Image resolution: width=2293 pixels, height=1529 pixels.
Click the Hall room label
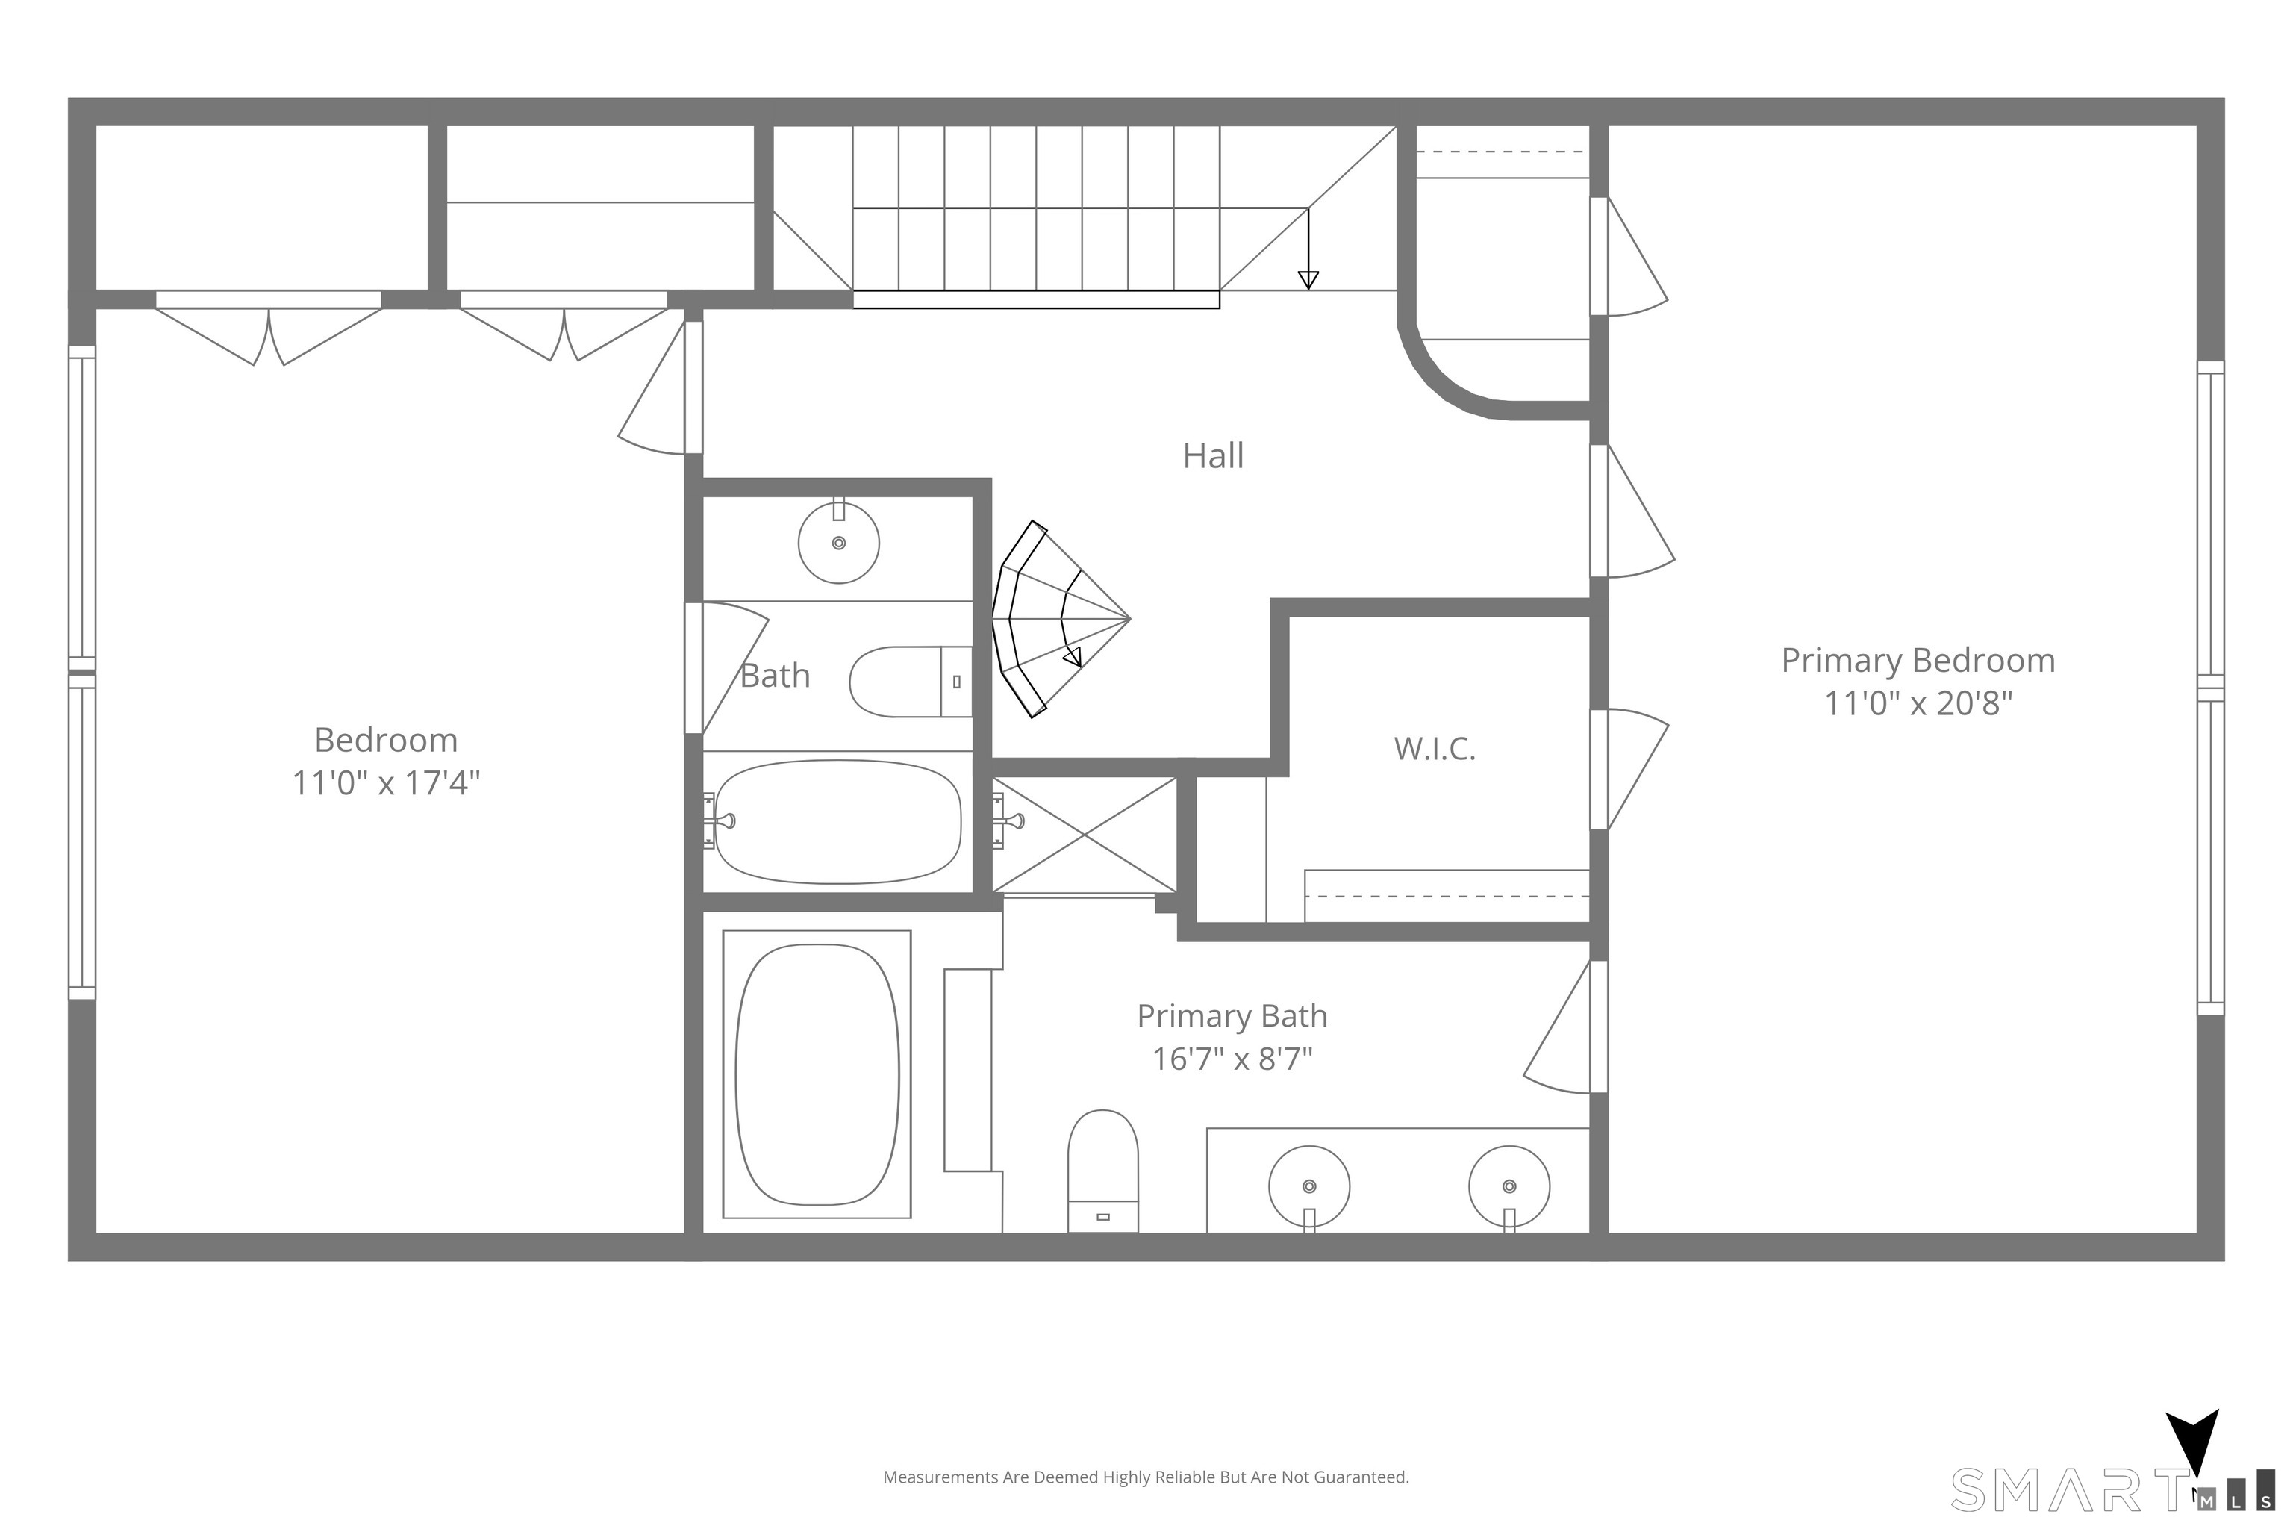1213,456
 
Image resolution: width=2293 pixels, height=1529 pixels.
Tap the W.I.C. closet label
1434,749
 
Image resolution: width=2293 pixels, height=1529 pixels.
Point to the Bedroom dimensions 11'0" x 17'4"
386,783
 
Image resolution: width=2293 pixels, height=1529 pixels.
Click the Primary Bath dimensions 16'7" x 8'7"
1232,1059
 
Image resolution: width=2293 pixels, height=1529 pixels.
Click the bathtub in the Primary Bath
817,1074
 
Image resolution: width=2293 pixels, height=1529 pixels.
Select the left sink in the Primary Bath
1309,1188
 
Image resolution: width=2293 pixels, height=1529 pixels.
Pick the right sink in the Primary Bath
1509,1188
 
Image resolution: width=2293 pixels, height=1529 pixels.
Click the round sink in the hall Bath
838,542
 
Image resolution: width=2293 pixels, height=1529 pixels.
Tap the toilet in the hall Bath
911,682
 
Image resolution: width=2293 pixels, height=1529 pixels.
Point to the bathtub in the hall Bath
837,822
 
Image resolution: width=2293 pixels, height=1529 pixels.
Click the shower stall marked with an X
1084,835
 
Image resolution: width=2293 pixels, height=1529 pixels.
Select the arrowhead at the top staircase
1308,280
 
